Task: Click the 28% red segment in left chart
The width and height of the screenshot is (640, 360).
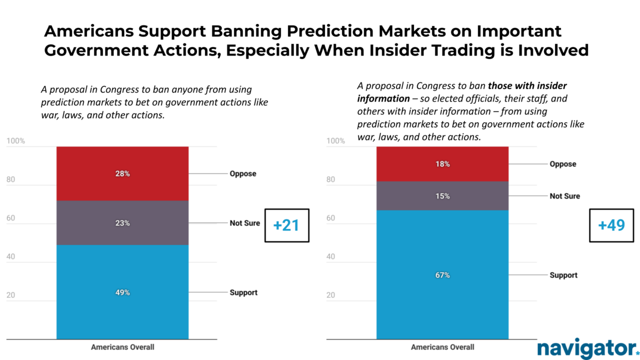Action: [x=122, y=173]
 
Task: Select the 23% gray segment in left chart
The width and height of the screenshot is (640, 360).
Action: [x=122, y=223]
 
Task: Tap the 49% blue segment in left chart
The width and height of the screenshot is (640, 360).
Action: [x=122, y=292]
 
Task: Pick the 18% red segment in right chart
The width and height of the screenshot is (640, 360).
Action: [x=442, y=164]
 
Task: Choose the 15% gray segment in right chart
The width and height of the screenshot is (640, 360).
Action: [x=442, y=196]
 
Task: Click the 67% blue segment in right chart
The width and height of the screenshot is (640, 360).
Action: [x=442, y=275]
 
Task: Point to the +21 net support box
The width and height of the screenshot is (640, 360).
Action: [x=286, y=225]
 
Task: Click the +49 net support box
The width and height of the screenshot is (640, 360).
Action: [x=611, y=225]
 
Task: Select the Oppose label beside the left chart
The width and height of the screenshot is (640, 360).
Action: [x=242, y=173]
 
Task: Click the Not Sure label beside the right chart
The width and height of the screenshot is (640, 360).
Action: [x=565, y=196]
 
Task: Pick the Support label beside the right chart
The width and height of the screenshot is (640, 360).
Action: [x=563, y=275]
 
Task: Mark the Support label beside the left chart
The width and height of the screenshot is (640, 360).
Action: [x=243, y=292]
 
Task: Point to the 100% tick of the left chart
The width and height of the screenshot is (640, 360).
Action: [x=15, y=141]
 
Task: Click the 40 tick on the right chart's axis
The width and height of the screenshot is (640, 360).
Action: [x=331, y=257]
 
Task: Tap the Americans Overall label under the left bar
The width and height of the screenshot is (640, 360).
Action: [x=122, y=347]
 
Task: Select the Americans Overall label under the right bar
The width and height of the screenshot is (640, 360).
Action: [x=442, y=347]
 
